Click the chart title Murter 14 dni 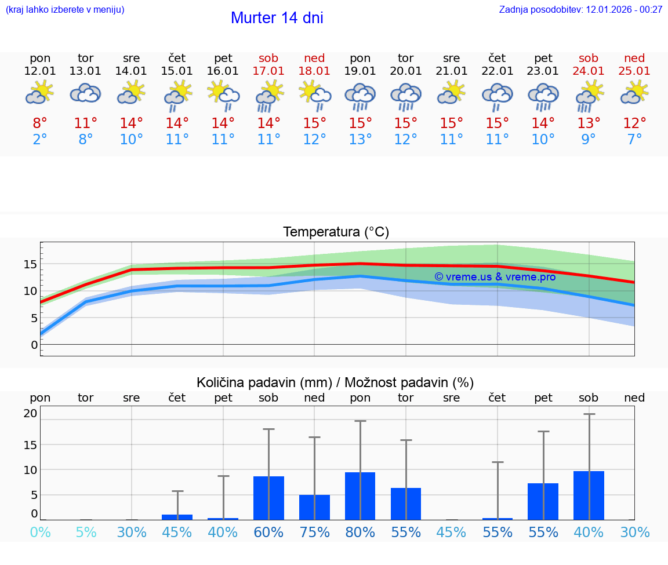pos(277,18)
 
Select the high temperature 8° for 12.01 pos(40,123)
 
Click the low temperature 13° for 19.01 pos(360,140)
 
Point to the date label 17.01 pos(268,71)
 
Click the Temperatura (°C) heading pos(336,232)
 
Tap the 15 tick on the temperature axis pos(30,264)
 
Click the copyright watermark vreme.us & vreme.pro pos(495,277)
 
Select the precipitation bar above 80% pos(360,496)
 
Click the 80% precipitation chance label pos(360,532)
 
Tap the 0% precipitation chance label pos(40,532)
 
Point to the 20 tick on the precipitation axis pos(30,413)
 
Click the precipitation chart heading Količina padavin pos(335,382)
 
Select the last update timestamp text pos(580,10)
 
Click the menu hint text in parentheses pos(65,10)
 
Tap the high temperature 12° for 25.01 pos(634,123)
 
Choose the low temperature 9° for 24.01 pos(589,140)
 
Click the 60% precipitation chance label pos(268,532)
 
